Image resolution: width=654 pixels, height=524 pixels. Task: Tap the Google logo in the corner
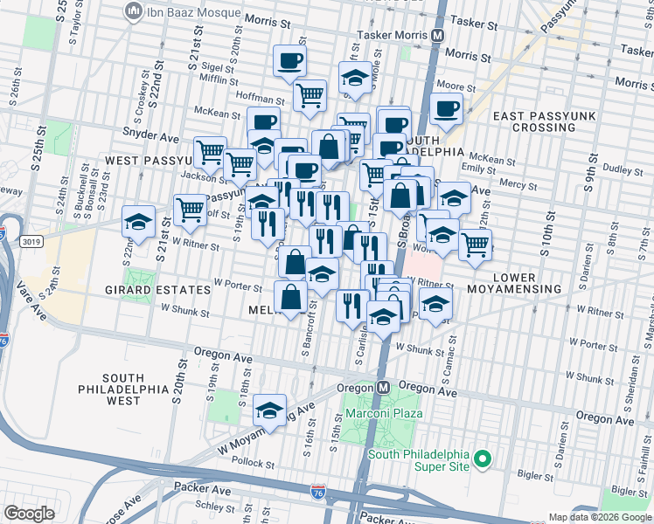(x=30, y=514)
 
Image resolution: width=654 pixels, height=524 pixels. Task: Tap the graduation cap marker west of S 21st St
(x=138, y=222)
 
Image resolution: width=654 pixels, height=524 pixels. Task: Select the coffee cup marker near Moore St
(x=446, y=109)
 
